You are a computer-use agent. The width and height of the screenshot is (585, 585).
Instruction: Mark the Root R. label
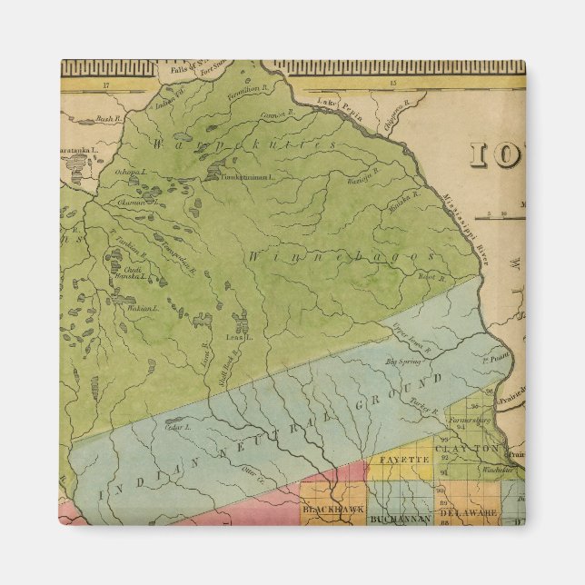432,277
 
